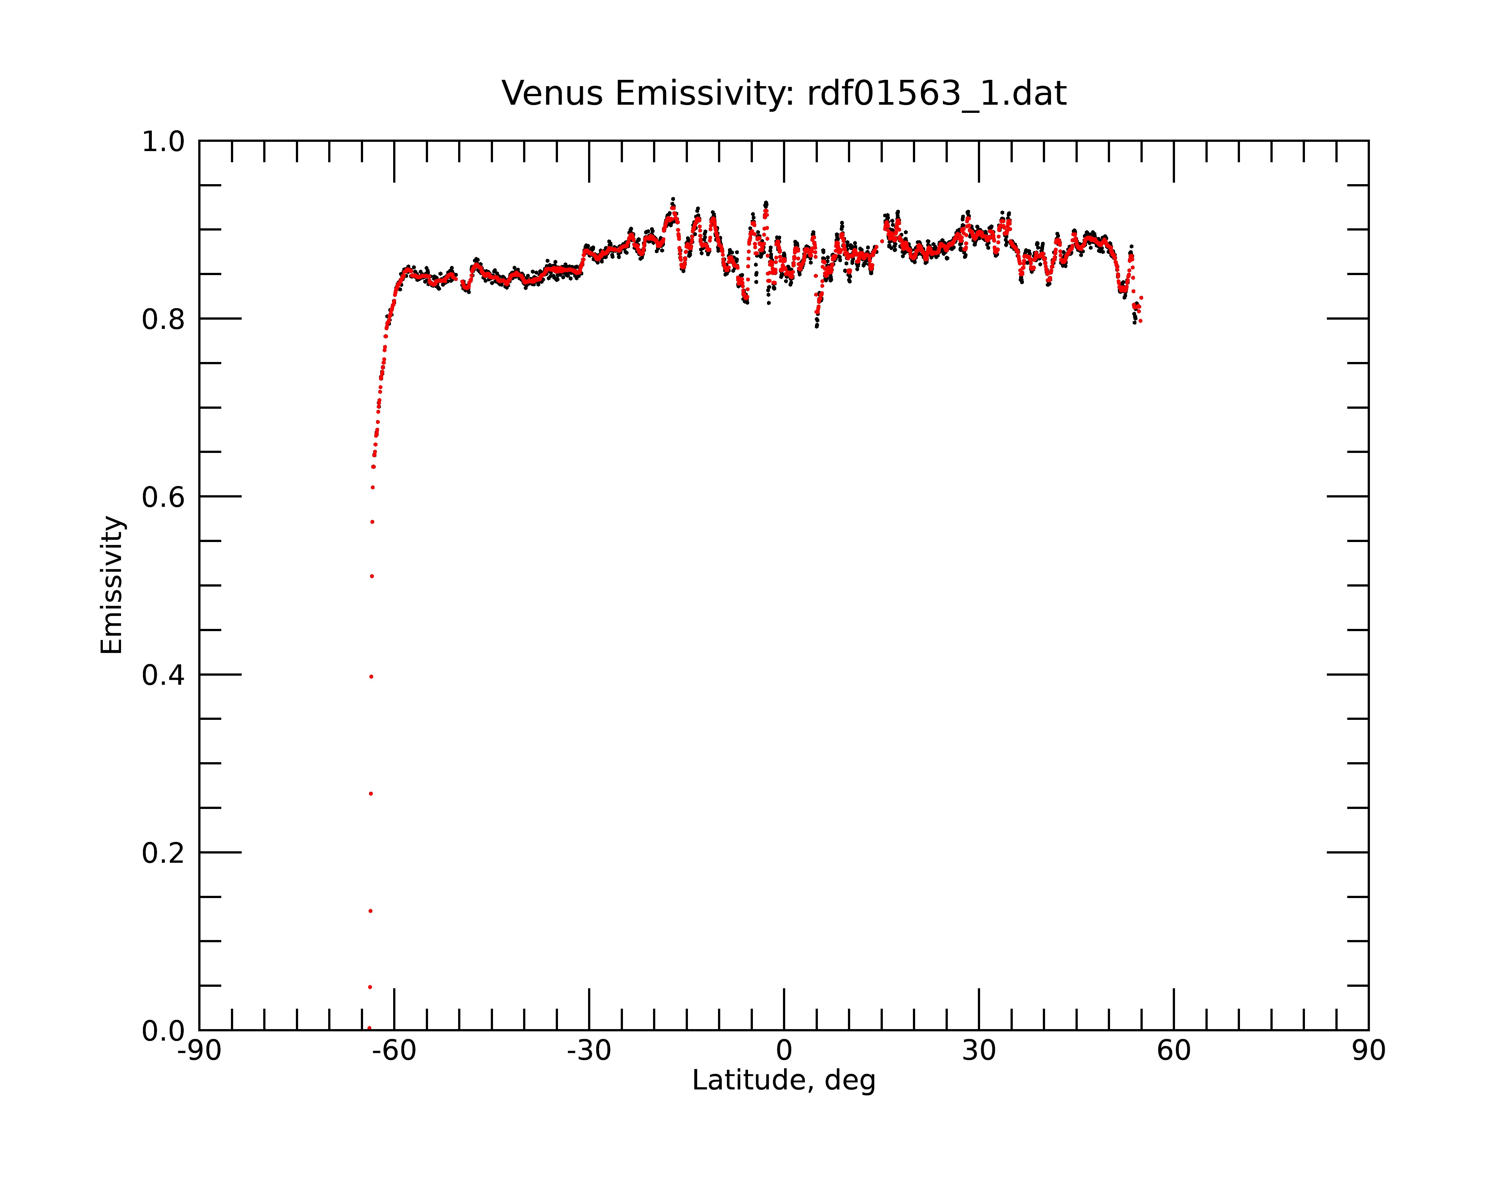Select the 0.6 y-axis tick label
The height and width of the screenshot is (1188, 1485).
(x=163, y=497)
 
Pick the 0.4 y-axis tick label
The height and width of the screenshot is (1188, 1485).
(x=163, y=675)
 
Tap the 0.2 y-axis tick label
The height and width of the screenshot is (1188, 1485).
(x=163, y=853)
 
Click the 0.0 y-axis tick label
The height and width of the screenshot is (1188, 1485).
(x=163, y=1031)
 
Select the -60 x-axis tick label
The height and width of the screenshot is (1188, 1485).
(x=394, y=1051)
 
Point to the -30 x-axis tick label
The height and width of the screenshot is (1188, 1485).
(x=589, y=1051)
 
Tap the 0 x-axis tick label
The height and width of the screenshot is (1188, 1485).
(x=784, y=1051)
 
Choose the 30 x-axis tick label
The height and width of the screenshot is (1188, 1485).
(x=979, y=1051)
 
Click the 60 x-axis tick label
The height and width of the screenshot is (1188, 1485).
(x=1174, y=1051)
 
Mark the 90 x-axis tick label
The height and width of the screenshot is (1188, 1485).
(x=1368, y=1051)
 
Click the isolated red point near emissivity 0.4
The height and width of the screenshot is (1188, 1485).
(x=371, y=677)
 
